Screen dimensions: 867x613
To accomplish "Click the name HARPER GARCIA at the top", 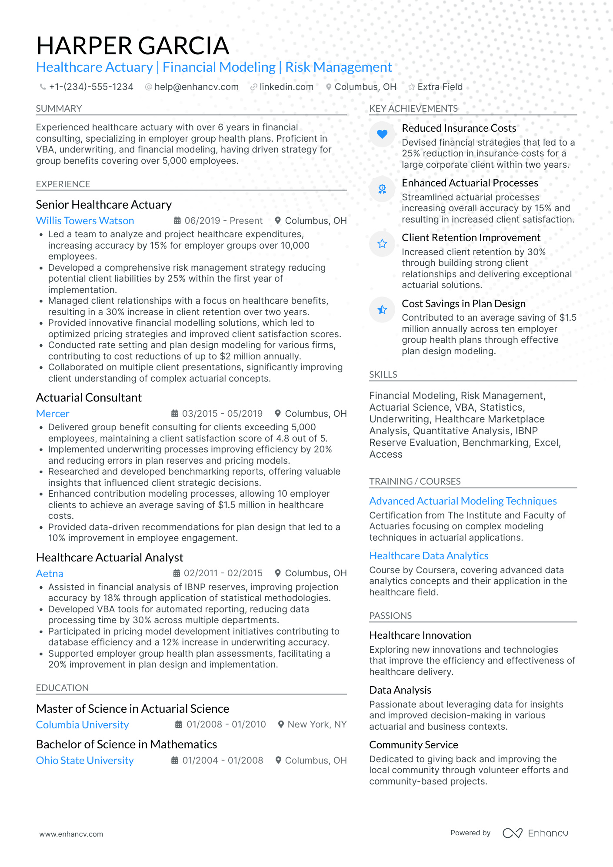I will point(133,46).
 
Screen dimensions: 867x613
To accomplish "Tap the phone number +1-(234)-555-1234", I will point(91,87).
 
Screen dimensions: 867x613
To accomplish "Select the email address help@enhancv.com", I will point(196,87).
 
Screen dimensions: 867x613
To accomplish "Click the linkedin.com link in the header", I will point(286,87).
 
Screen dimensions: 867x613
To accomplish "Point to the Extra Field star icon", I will point(411,87).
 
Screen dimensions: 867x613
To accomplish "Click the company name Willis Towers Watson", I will point(85,221).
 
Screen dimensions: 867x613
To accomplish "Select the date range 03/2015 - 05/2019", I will point(222,414).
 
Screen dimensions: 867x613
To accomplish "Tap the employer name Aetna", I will point(50,574).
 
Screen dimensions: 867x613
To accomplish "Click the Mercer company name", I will point(53,414).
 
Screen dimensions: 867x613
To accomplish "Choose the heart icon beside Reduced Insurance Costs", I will point(382,134).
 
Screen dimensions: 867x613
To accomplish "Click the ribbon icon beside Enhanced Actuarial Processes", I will point(382,189).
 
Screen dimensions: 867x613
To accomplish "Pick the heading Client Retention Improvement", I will point(471,238).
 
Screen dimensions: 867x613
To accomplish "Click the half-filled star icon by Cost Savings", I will point(382,309).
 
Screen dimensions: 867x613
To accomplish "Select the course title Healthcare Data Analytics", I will point(429,556).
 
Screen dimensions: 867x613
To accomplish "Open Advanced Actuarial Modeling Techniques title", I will point(463,501).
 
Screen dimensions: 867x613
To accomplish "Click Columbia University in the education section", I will point(82,725).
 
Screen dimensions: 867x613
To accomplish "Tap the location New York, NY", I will point(316,724).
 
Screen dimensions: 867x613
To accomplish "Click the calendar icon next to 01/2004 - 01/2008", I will point(175,761).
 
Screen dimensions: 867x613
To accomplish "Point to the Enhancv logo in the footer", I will point(535,833).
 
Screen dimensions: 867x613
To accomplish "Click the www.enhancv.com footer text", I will point(71,834).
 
